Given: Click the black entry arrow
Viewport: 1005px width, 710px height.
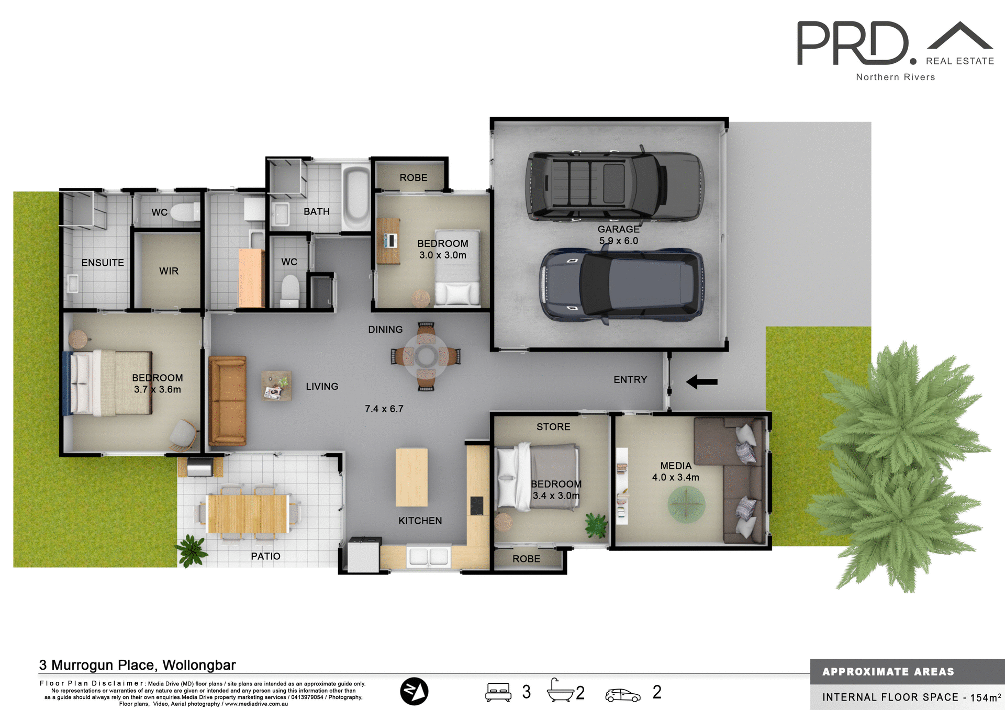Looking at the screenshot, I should (x=701, y=381).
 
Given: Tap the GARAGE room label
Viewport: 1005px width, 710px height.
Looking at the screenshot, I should (x=618, y=229).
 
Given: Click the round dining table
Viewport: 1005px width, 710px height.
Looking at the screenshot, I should (x=426, y=357).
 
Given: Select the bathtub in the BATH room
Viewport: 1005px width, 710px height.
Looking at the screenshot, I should (x=357, y=197).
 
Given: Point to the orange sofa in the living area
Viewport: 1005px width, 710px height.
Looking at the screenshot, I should (x=227, y=401).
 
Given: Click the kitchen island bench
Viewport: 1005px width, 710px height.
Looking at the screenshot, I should (x=411, y=477).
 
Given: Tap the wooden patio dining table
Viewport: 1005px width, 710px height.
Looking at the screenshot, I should (x=248, y=513).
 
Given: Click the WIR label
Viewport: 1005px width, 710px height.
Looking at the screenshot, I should (x=169, y=271).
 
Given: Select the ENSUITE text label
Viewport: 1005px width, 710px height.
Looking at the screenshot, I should (x=103, y=263).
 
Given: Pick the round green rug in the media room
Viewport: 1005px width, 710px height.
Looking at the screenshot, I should (x=686, y=504).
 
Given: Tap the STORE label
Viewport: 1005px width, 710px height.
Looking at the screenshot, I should (x=553, y=427).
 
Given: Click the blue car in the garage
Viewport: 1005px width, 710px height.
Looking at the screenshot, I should (x=622, y=285).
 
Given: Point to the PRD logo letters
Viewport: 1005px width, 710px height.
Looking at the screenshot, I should (x=853, y=43).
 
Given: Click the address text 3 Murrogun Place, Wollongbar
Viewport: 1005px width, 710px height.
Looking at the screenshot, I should (x=137, y=665).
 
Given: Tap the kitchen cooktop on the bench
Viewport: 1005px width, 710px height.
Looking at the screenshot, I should (x=476, y=505).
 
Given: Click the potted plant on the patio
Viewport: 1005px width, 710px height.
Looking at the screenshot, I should (x=192, y=550).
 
